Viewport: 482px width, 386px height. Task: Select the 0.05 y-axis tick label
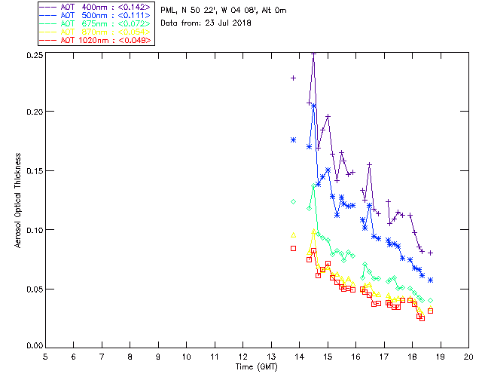pos(32,289)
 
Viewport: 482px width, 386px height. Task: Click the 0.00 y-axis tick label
pos(32,346)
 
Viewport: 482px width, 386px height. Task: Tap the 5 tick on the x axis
pos(45,356)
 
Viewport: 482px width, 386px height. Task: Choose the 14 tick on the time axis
pos(299,356)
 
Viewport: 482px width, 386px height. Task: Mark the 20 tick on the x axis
pos(468,356)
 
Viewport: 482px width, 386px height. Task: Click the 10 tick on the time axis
pos(186,356)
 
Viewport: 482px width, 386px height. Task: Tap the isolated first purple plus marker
pos(293,78)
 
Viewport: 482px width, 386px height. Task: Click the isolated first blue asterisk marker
pos(293,140)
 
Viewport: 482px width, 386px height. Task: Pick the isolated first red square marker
pos(293,248)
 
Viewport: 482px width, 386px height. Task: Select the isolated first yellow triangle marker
pos(293,235)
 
